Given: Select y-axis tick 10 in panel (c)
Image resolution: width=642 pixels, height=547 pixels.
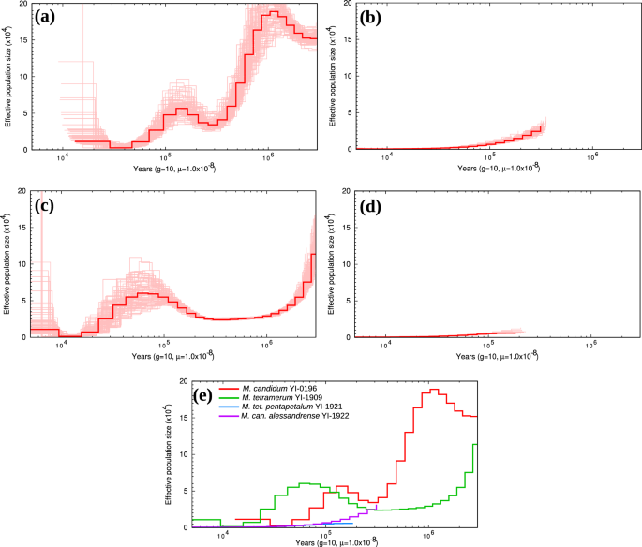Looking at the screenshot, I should pyautogui.click(x=22, y=264).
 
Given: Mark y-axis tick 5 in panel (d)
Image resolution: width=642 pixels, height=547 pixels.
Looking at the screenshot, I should pyautogui.click(x=350, y=301).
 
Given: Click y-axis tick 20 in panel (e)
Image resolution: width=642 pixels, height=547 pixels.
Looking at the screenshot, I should pyautogui.click(x=184, y=382).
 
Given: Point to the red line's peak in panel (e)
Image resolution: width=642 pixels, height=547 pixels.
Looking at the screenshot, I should pyautogui.click(x=434, y=391).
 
